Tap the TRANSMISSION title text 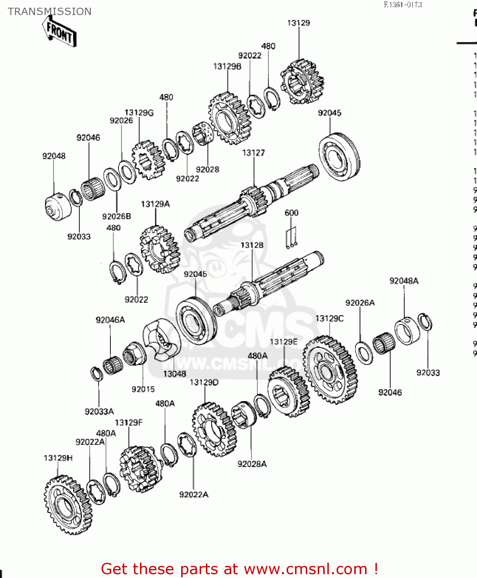pyautogui.click(x=50, y=12)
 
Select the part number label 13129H pyautogui.click(x=58, y=458)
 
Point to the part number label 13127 pyautogui.click(x=253, y=153)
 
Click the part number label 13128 pyautogui.click(x=252, y=245)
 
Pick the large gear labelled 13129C pyautogui.click(x=330, y=369)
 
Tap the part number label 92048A pyautogui.click(x=404, y=281)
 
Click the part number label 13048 pyautogui.click(x=175, y=374)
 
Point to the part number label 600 pyautogui.click(x=291, y=213)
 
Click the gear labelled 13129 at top pyautogui.click(x=302, y=82)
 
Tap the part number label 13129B pyautogui.click(x=227, y=66)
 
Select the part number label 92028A pyautogui.click(x=252, y=464)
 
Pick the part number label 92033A pyautogui.click(x=99, y=412)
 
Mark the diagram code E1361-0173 pyautogui.click(x=403, y=5)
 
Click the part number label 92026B pyautogui.click(x=117, y=216)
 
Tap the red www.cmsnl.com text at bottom pyautogui.click(x=306, y=569)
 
